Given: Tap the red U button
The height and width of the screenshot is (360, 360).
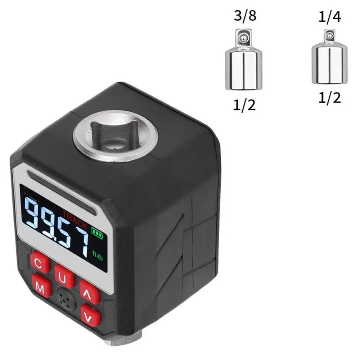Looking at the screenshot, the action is click(64, 277).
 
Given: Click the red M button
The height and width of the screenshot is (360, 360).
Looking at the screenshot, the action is click(41, 286).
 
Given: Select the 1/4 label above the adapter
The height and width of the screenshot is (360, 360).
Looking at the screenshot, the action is click(329, 17).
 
